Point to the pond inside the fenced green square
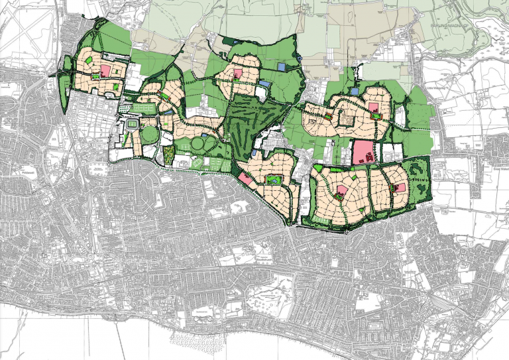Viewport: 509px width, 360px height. (273, 179)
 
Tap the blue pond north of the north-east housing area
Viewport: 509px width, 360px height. (355, 90)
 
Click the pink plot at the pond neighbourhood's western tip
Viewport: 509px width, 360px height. (244, 178)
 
